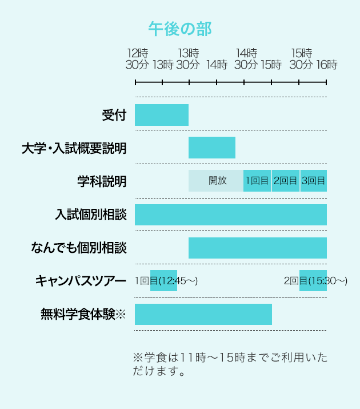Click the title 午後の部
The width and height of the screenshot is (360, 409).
[x=179, y=28]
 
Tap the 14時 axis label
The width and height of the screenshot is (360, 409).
[x=217, y=65]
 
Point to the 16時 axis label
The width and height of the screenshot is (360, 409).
[x=326, y=65]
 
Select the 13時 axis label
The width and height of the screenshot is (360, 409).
[x=163, y=65]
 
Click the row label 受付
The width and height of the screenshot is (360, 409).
[x=114, y=115]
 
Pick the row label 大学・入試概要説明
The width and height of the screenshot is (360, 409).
[x=74, y=148]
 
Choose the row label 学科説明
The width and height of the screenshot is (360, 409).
[x=102, y=181]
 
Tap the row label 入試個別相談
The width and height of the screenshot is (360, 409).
[x=90, y=215]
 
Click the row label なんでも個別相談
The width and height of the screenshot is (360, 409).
[x=79, y=248]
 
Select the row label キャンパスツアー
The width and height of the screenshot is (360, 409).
[x=81, y=281]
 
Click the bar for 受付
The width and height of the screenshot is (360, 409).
[x=162, y=115]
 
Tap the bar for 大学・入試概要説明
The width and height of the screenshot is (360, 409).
[x=212, y=148]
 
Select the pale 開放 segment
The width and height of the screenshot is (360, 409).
[x=217, y=181]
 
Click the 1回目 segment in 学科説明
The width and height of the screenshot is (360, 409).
[x=257, y=181]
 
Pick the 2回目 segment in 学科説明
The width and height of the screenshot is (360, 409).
[x=285, y=181]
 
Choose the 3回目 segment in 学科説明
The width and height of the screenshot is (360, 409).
[x=313, y=181]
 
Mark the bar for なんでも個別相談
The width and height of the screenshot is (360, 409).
[x=258, y=248]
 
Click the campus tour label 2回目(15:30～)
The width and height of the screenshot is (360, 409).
[x=315, y=280]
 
